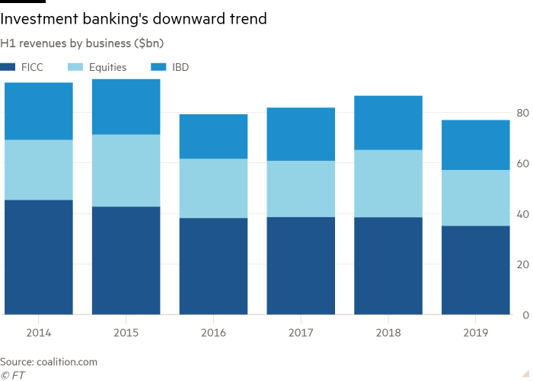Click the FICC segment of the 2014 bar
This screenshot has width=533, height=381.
coord(38,257)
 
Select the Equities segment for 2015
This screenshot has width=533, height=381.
coord(126,170)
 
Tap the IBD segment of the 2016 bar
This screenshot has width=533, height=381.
coord(213,136)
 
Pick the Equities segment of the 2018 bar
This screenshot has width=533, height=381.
coord(388,184)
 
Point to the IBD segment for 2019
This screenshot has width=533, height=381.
coord(476,145)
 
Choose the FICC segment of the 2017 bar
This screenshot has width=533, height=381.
coord(301,265)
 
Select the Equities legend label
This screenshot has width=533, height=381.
coord(107,67)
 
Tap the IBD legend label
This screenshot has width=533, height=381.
coord(180,67)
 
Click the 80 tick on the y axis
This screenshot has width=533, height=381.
coord(523,113)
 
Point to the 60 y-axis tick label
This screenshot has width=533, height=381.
coord(523,163)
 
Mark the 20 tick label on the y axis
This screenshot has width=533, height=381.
coord(523,264)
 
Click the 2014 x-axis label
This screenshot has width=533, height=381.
coord(38,331)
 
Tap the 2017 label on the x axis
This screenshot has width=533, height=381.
coord(301,331)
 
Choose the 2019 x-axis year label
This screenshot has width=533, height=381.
coord(476,331)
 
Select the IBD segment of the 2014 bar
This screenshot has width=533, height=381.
coord(38,111)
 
